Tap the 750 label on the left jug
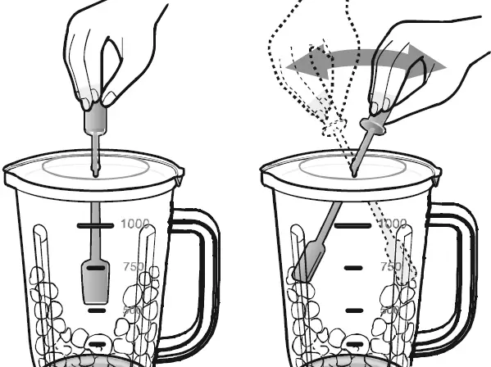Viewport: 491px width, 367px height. (132, 267)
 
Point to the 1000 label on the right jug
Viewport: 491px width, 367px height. (393, 224)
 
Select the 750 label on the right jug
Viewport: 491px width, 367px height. (390, 267)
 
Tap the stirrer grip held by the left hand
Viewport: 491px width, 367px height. (95, 120)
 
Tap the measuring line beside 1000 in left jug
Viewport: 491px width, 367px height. (96, 224)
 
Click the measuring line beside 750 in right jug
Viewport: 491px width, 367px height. (353, 267)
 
